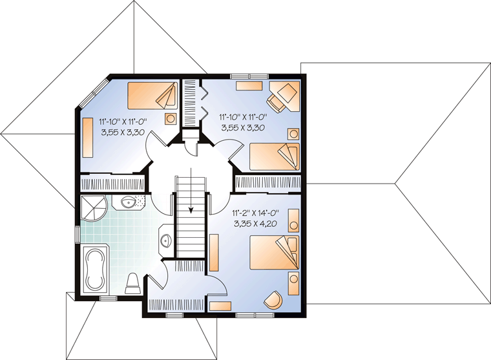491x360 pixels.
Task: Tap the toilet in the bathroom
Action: (x=132, y=284)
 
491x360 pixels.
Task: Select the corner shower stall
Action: (x=94, y=207)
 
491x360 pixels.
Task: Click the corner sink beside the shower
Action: (x=129, y=202)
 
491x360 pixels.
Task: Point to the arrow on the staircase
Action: (x=191, y=191)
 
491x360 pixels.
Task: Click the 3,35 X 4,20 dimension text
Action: (x=256, y=223)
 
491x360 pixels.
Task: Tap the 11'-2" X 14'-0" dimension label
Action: (x=256, y=213)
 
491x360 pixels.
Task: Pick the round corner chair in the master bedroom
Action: (x=273, y=299)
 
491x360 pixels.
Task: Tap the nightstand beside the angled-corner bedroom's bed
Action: (x=171, y=119)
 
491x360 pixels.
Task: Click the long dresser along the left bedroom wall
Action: (x=87, y=138)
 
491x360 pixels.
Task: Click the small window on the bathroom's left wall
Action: (x=77, y=233)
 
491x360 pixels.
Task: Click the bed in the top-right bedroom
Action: (x=275, y=157)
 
